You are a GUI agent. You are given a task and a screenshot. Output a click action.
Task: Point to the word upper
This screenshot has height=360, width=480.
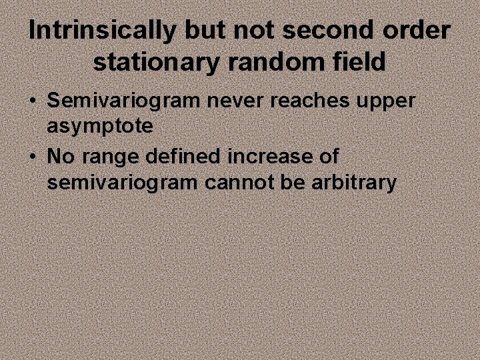[387, 103]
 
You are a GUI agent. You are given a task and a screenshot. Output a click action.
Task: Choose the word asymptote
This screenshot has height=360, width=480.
[100, 127]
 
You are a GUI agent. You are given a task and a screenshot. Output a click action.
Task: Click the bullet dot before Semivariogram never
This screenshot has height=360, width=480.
[33, 102]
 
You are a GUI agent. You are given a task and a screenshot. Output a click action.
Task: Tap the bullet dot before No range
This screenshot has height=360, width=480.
[33, 157]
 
